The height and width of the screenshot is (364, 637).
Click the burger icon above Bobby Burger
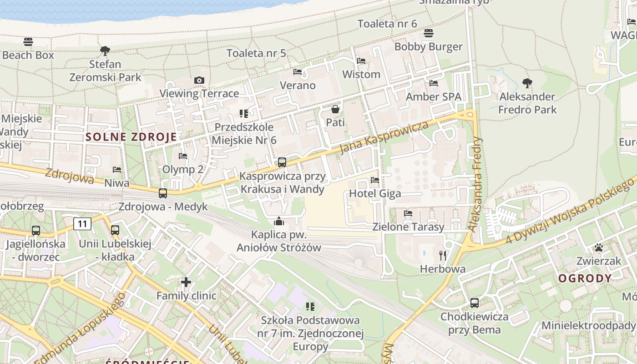428,33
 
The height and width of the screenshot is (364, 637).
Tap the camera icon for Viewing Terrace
199,81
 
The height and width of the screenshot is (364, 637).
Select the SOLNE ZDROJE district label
131,136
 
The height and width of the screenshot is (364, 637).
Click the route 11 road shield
82,223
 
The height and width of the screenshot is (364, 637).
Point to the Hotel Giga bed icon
375,180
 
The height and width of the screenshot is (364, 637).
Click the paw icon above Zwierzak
599,248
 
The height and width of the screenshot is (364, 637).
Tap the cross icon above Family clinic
186,282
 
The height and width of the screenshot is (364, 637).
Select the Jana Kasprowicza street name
384,137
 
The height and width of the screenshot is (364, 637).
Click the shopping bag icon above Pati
335,109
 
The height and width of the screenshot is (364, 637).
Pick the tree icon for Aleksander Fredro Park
527,83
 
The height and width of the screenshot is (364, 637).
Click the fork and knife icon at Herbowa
442,256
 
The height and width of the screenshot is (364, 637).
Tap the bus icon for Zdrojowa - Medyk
163,193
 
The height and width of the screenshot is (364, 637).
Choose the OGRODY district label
585,278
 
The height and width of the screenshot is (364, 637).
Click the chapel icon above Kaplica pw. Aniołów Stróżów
278,222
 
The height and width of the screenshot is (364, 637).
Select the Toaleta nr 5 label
256,53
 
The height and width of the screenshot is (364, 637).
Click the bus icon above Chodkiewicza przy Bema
474,303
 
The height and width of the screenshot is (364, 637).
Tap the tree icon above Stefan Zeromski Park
105,51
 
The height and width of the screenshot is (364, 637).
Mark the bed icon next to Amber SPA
434,83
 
